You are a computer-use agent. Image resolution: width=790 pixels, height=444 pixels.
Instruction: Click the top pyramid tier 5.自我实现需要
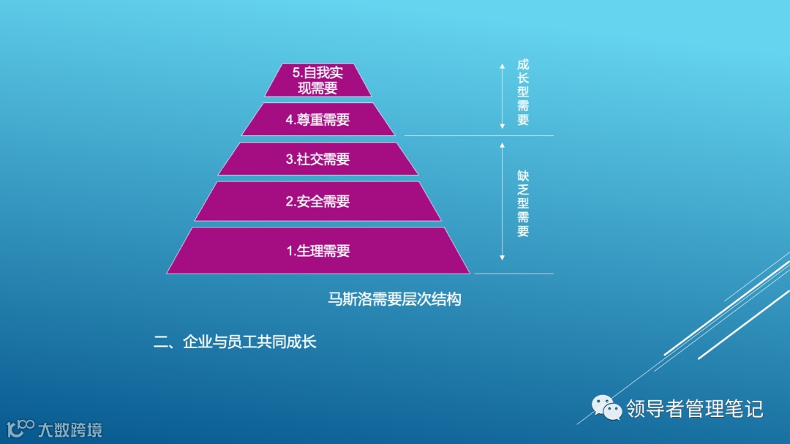tap(317, 80)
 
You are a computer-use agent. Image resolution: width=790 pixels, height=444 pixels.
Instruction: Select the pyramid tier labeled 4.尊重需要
tap(317, 120)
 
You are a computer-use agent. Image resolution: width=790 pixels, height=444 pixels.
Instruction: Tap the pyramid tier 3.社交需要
tap(317, 159)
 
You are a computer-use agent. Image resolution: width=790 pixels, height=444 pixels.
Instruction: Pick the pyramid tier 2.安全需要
tap(317, 201)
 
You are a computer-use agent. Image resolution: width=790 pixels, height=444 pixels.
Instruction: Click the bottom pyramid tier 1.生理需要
tap(317, 251)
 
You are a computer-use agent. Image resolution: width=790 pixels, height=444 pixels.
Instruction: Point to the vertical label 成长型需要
tap(523, 94)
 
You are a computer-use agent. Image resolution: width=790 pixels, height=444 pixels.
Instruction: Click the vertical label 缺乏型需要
tap(523, 204)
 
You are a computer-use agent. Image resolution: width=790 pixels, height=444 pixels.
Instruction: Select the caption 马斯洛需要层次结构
tap(394, 299)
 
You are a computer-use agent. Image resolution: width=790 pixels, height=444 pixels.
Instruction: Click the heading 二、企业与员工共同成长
tap(235, 342)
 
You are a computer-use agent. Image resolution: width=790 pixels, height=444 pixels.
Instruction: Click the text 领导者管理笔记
tap(694, 408)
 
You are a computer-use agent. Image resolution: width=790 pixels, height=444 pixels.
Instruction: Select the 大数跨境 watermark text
tap(70, 429)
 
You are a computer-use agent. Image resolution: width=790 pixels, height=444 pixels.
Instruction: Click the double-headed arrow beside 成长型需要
tap(502, 96)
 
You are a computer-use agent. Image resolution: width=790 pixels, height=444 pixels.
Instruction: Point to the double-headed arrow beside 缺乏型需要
tap(502, 202)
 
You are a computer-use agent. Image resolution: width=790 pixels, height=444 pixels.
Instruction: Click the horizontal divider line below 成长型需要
tap(479, 135)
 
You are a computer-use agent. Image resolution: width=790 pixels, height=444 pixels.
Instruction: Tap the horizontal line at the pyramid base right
tap(513, 274)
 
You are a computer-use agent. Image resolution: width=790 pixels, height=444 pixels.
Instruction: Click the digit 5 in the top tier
tap(296, 73)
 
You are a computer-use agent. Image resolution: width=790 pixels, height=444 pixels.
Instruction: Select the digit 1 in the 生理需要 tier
tap(290, 252)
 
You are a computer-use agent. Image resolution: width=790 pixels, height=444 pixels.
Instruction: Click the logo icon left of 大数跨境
tap(20, 427)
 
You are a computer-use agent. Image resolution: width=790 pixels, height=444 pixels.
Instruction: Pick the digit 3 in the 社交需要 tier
tap(290, 159)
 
